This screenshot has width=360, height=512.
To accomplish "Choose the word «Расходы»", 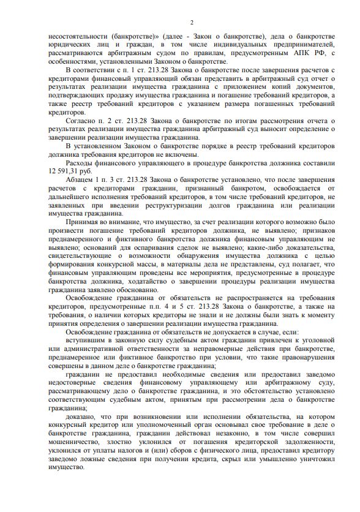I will pyautogui.click(x=80, y=164).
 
